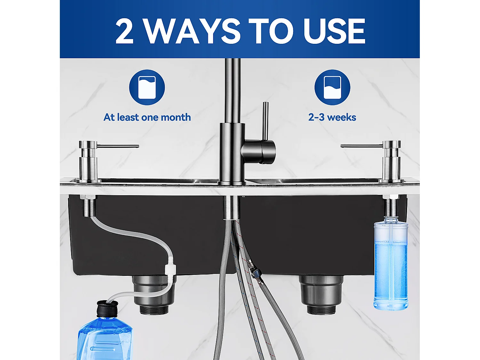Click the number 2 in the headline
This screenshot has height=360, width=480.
(124, 31)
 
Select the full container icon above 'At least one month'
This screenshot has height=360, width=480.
(147, 87)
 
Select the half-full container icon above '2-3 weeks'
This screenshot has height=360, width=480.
(332, 87)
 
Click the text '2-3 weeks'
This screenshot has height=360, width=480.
(332, 117)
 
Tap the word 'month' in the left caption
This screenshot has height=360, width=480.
(176, 117)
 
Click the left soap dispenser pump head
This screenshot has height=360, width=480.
(88, 145)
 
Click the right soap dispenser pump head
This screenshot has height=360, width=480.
(392, 145)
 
